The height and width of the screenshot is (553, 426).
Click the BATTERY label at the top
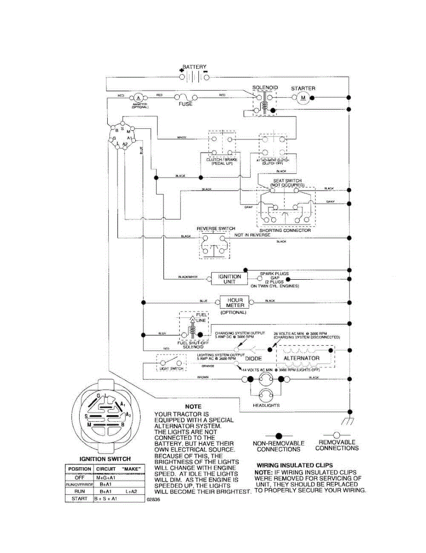point(194,67)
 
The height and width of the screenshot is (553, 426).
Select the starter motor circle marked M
point(303,97)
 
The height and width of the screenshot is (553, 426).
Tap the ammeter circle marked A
point(137,98)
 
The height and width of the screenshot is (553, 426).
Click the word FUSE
point(185,104)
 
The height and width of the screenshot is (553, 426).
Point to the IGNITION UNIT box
point(229,279)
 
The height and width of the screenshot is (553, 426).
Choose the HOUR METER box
point(235,302)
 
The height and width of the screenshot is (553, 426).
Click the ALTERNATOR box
point(301,358)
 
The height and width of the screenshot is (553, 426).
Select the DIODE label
point(253,358)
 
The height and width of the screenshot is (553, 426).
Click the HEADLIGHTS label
point(266,405)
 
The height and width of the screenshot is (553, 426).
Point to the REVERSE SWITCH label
point(216,229)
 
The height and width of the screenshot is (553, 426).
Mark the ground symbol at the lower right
point(349,421)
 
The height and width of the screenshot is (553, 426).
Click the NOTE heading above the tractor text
point(193,407)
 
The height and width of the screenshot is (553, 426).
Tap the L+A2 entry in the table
point(131,492)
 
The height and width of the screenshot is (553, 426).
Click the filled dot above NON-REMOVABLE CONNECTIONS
point(278,435)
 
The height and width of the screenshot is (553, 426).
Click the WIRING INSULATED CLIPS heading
point(294,465)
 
